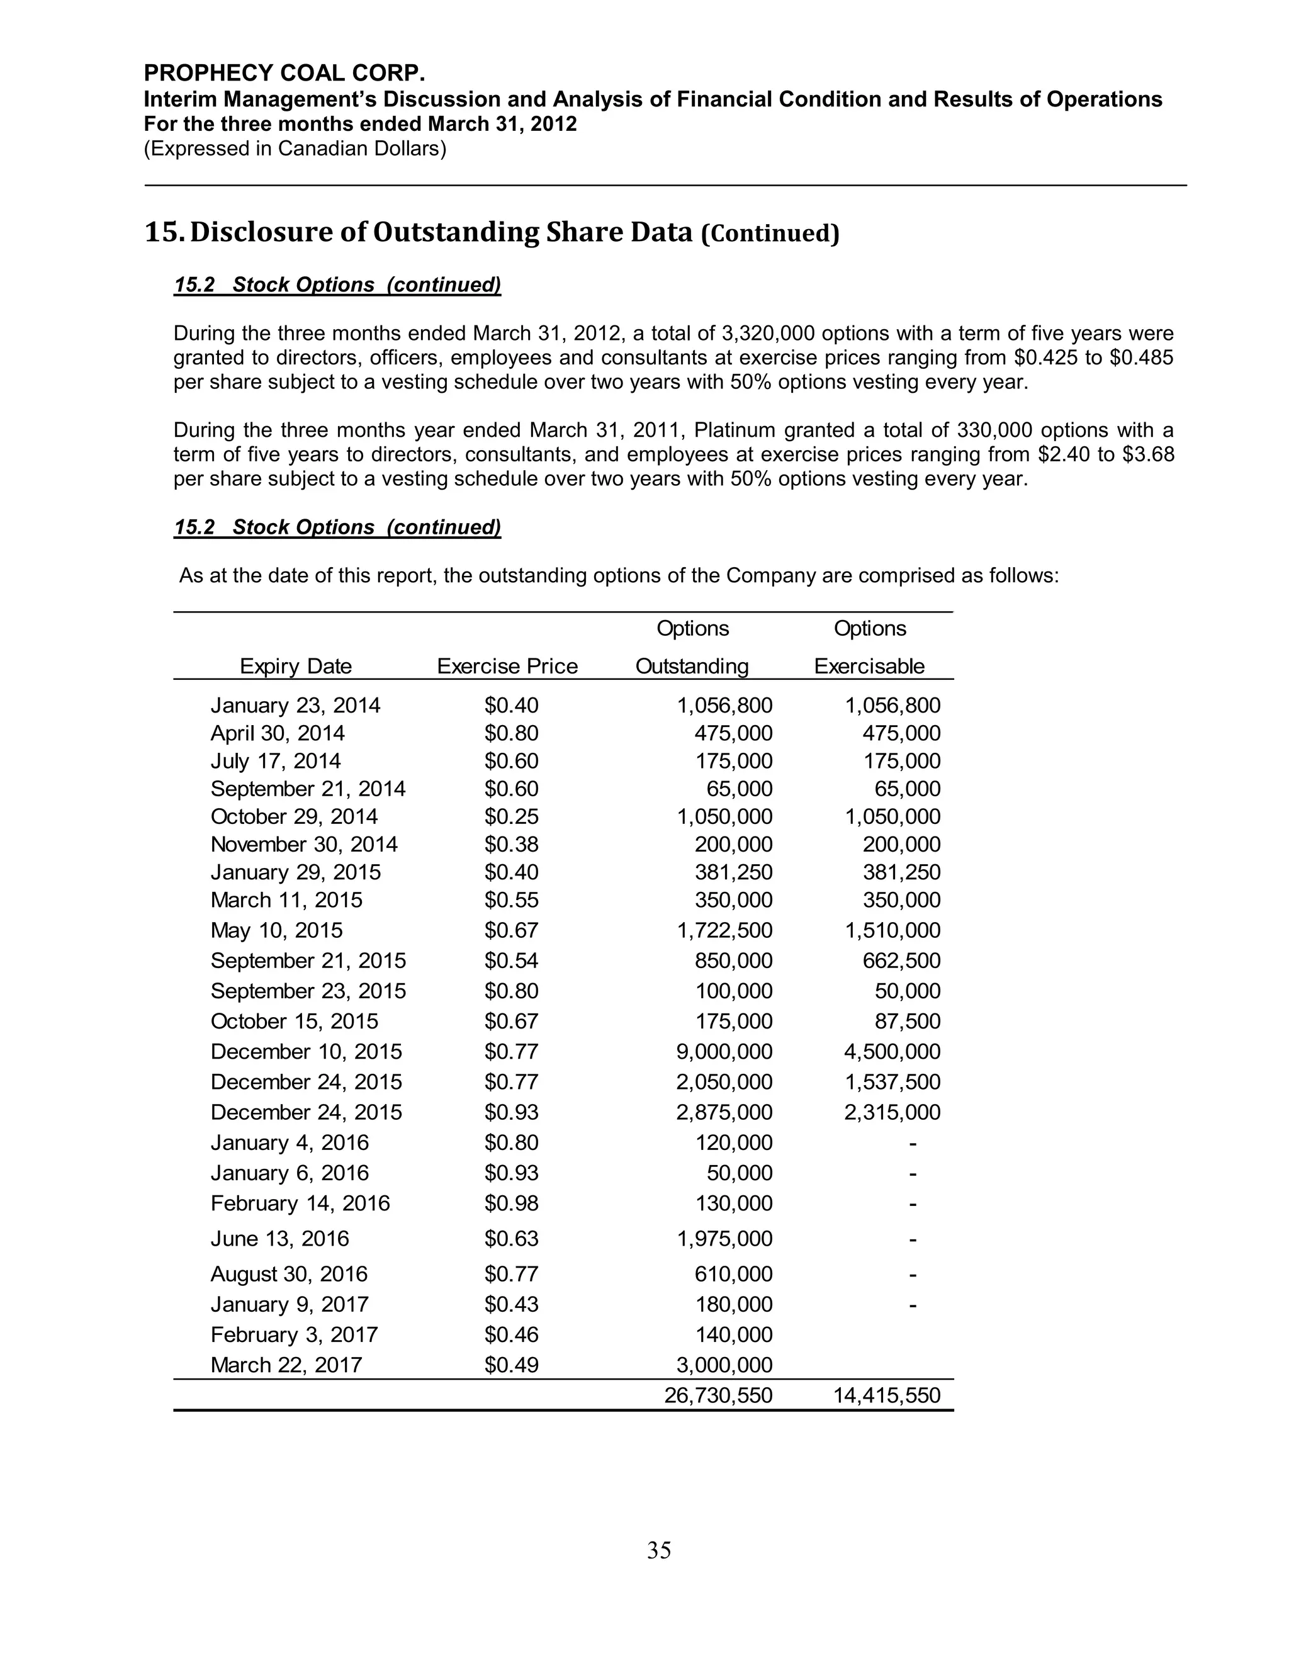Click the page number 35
click(x=658, y=1550)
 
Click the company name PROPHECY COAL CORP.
click(x=284, y=73)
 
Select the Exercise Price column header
click(x=507, y=666)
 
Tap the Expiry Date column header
click(x=296, y=666)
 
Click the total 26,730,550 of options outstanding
click(x=718, y=1395)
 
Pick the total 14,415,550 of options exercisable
click(x=887, y=1395)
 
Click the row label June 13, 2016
click(x=279, y=1238)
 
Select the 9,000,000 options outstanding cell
click(x=724, y=1051)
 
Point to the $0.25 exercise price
click(x=511, y=816)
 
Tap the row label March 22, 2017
click(x=286, y=1365)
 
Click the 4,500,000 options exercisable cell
click(x=892, y=1051)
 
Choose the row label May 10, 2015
click(x=276, y=930)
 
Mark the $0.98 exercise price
click(x=511, y=1203)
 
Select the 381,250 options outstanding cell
click(x=733, y=872)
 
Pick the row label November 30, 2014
click(x=304, y=844)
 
